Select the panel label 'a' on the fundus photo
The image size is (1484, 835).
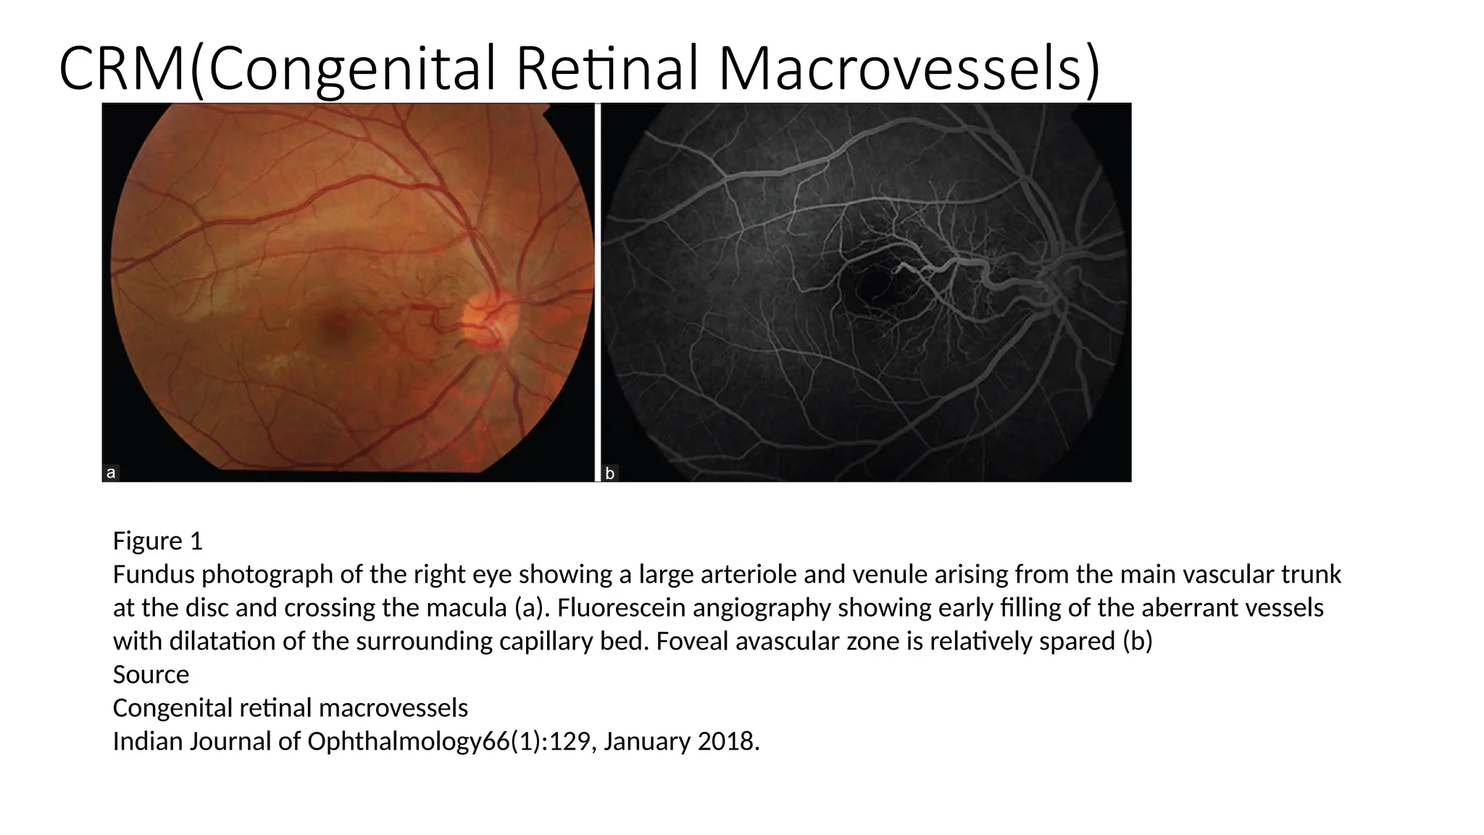pos(111,473)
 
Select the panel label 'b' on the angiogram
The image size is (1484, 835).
pos(610,473)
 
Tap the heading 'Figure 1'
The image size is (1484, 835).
pos(157,541)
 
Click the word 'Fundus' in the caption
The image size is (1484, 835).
pos(154,574)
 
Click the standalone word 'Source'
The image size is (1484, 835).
pos(151,674)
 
